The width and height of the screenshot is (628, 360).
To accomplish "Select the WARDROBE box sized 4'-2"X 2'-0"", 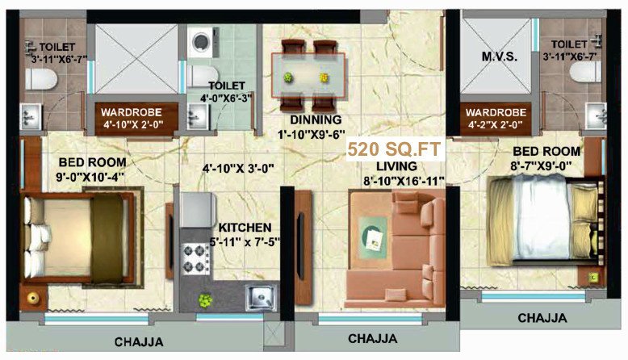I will coord(495,118).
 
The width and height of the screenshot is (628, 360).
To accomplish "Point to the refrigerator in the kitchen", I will coord(196,209).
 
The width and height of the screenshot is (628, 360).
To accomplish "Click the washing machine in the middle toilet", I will coord(199,44).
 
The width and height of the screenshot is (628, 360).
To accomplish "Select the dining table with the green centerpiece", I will coord(307,73).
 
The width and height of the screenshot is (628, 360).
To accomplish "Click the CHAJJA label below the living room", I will coord(374,337).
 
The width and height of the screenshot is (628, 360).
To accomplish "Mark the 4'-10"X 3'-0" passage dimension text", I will coord(238,169).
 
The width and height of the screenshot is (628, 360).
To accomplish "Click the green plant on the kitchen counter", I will coord(205,299).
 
